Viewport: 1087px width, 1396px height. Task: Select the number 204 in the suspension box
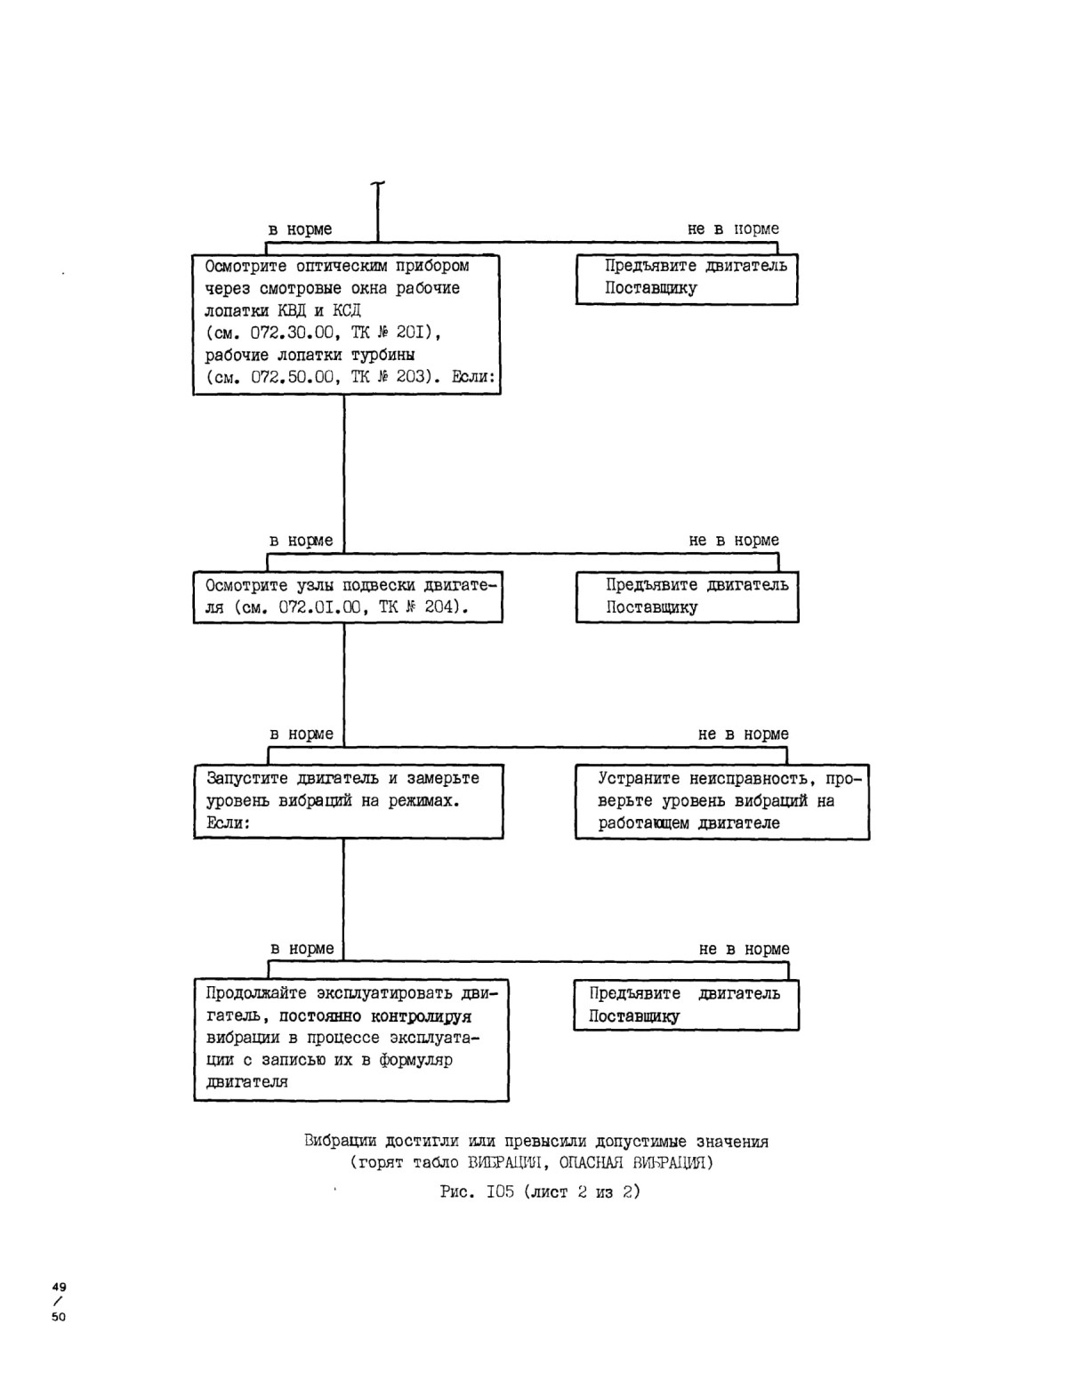439,606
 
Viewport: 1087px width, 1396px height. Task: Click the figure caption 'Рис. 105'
478,1191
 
